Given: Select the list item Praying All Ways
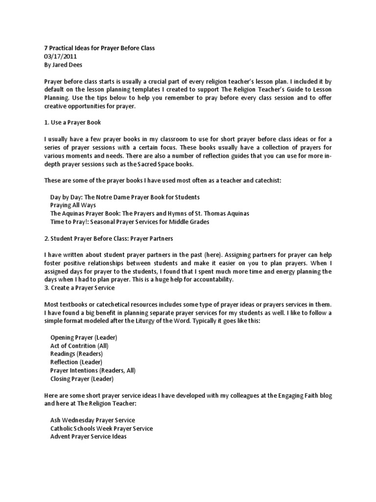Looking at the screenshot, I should tap(73, 205).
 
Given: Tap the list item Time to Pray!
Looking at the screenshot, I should tap(129, 222).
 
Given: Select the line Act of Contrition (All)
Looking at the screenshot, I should tap(79, 346).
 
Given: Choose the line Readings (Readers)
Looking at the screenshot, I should tap(76, 354).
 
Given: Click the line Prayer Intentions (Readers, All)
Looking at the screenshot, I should tap(93, 370).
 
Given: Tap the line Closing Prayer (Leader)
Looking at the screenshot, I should tap(82, 378).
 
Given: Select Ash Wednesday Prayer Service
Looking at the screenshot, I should tap(93, 421).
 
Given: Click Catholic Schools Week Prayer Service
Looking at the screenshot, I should tap(101, 428).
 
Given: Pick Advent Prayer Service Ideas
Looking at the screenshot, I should tap(88, 436).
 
